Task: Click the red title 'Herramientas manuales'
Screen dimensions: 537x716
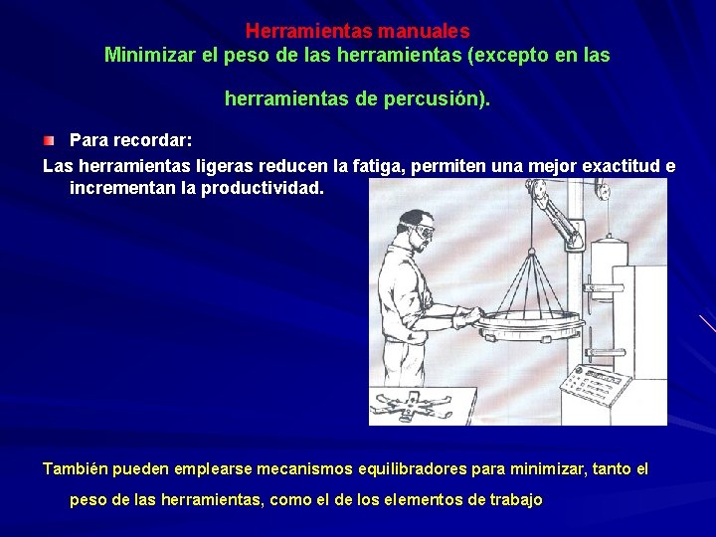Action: (x=357, y=32)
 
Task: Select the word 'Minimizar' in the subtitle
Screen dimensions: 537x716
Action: (x=148, y=56)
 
